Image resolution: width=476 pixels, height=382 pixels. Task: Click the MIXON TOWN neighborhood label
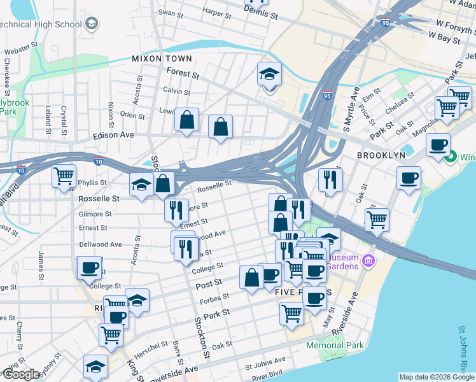click(x=162, y=58)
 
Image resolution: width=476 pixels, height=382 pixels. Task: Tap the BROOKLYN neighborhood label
click(x=381, y=155)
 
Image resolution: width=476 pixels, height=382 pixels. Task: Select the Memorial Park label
click(x=335, y=345)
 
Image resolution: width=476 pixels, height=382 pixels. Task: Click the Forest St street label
click(x=184, y=74)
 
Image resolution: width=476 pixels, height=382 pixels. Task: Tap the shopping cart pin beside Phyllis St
click(x=64, y=175)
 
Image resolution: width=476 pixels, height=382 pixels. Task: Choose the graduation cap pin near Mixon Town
click(x=269, y=74)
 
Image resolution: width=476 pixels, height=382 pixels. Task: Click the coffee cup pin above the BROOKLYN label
click(x=438, y=145)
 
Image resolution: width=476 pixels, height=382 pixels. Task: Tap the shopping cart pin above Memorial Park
click(x=291, y=313)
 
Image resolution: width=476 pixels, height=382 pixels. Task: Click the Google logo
click(x=20, y=374)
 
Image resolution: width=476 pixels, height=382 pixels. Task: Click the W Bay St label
click(x=444, y=39)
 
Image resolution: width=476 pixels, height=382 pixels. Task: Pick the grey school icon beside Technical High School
click(x=92, y=25)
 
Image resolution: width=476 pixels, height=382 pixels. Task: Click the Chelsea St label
click(x=400, y=102)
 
